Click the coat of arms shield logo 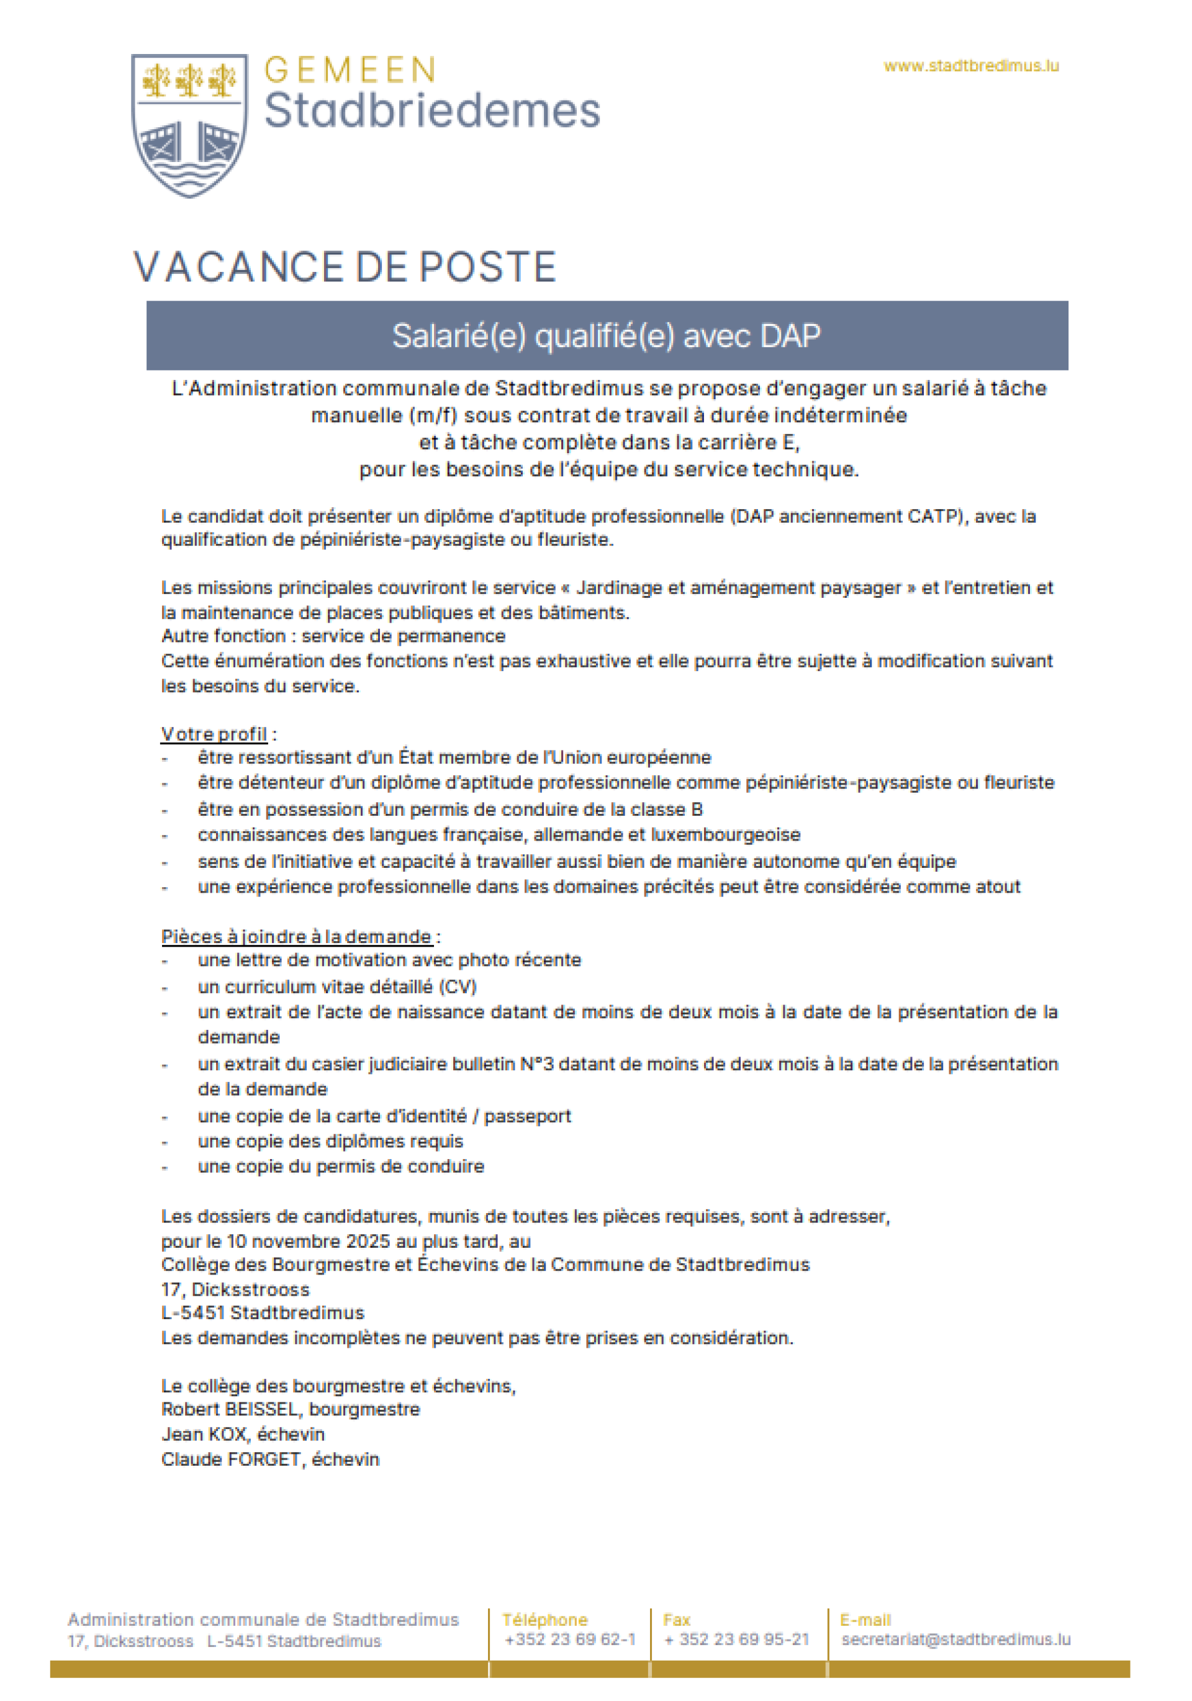coord(189,124)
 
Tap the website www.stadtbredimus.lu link coord(970,66)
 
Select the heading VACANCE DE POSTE coord(345,267)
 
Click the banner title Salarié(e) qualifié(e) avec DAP coord(606,336)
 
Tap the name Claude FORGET coord(230,1459)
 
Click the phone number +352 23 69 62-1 coord(570,1639)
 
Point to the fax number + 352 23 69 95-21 coord(736,1639)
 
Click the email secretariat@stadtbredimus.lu coord(955,1639)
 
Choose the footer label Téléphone coord(544,1620)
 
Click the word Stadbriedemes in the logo coord(432,111)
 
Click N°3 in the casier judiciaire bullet coord(537,1064)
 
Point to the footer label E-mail coord(865,1620)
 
